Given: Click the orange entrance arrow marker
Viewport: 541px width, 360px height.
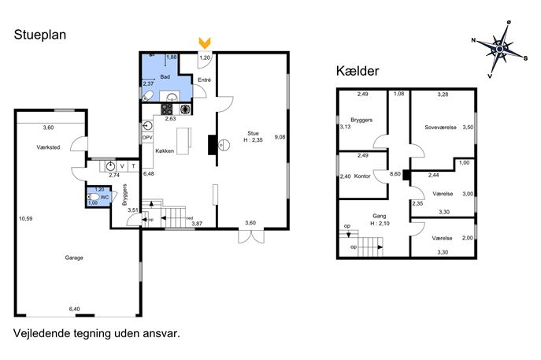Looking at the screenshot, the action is [x=205, y=43].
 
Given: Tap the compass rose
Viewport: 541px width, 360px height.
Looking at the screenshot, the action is [x=499, y=50].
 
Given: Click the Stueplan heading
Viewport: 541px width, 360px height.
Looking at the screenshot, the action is [x=40, y=35].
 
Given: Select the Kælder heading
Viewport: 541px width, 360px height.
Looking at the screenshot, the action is [x=358, y=71].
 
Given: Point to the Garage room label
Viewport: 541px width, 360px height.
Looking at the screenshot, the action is [x=74, y=258].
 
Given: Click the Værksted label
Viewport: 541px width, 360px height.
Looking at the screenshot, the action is [x=48, y=147].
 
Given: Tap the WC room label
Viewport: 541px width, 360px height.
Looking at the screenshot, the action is [x=105, y=198].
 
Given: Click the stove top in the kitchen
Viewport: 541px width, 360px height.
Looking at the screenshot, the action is [x=167, y=109].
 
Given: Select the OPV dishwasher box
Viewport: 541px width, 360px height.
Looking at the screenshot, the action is [x=147, y=137].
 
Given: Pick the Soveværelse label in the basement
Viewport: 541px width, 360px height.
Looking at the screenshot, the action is [x=441, y=128].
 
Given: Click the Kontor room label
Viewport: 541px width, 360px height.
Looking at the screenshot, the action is [x=362, y=176].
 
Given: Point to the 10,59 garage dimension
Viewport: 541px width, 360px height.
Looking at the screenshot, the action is [x=26, y=218].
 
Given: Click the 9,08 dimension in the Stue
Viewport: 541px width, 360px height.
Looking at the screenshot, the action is [x=280, y=137].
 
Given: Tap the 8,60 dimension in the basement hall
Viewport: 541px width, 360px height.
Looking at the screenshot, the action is [x=395, y=174].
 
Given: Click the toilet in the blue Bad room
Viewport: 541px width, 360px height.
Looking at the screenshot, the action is [x=148, y=95].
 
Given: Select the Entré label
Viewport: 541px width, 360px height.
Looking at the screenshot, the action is [x=204, y=80].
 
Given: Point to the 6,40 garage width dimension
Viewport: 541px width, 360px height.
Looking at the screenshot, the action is [x=75, y=309].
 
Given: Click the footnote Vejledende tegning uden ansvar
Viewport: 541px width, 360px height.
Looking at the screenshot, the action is [x=97, y=333].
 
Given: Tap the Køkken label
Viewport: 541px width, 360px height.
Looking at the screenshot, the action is [x=165, y=150].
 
